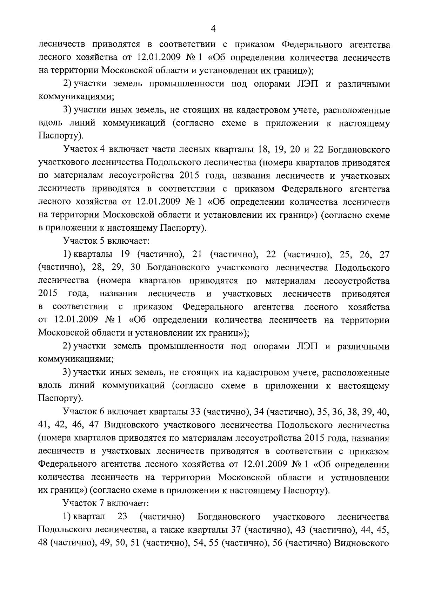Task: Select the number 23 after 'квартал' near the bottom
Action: point(122,517)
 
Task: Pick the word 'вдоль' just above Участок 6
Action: point(50,386)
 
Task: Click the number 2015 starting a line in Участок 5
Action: point(48,293)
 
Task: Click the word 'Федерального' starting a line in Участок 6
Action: point(69,464)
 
